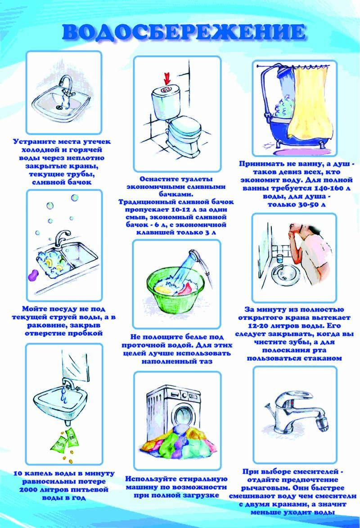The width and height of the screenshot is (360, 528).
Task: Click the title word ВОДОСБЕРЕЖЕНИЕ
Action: (184, 32)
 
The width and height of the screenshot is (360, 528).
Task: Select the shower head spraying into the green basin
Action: (193, 253)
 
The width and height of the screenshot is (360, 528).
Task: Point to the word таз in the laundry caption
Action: (205, 361)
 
